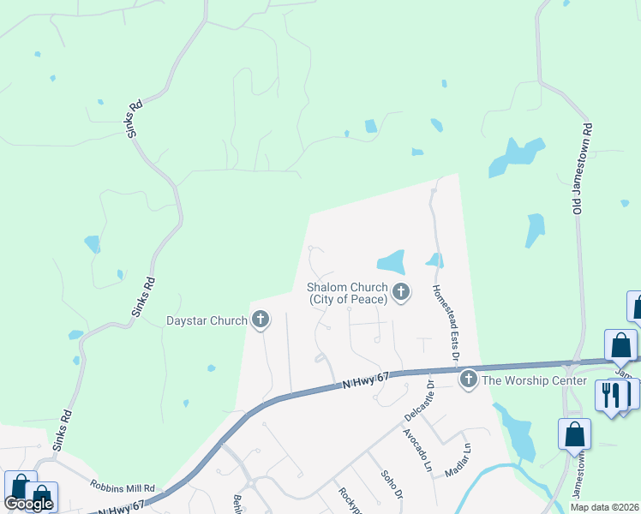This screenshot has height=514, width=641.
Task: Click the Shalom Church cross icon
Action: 400,294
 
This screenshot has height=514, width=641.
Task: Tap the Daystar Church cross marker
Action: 261,320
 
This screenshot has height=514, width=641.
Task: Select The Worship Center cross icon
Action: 468,379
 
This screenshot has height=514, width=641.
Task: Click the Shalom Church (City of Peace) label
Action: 348,294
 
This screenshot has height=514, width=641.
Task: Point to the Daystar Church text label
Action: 207,321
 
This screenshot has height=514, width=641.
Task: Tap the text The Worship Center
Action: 534,380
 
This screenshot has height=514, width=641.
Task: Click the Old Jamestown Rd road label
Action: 583,168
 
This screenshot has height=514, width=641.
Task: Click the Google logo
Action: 27,504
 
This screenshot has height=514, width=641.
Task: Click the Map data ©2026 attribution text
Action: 604,507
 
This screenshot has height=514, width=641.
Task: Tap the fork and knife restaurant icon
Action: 610,396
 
